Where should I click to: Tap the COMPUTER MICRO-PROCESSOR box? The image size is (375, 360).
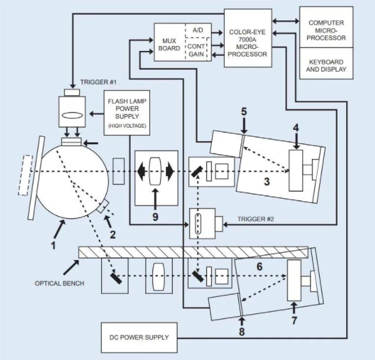pos(326,30)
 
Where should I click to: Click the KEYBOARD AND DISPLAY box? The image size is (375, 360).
pos(326,66)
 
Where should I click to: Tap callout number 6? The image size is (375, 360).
pos(259,267)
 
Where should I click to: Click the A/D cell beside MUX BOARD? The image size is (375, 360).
pos(197,31)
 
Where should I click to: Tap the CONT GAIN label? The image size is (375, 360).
pos(197,50)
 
